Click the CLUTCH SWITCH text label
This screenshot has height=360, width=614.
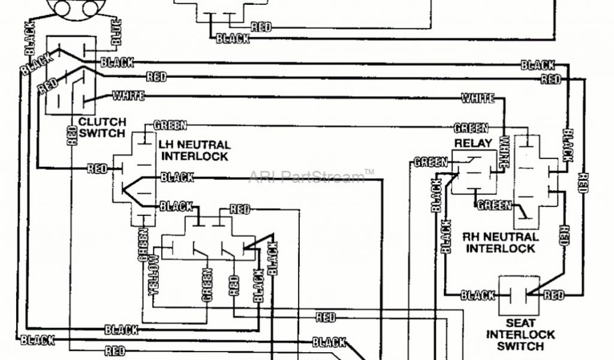(x=102, y=127)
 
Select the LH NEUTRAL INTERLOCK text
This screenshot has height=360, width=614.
(x=194, y=151)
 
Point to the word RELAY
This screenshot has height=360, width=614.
(x=473, y=143)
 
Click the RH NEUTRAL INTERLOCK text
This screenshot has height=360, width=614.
(x=501, y=242)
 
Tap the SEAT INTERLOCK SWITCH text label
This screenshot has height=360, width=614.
(x=520, y=335)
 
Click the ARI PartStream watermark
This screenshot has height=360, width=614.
(x=311, y=176)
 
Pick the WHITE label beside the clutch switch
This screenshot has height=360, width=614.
(x=128, y=96)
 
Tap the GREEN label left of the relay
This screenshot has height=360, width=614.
(x=431, y=162)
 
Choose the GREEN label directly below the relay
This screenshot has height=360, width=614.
(x=494, y=205)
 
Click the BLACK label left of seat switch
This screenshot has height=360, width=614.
(x=478, y=295)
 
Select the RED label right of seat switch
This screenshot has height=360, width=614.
(x=553, y=295)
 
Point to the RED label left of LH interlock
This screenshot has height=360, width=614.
(x=97, y=169)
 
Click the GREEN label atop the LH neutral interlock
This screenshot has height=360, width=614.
(x=170, y=125)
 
